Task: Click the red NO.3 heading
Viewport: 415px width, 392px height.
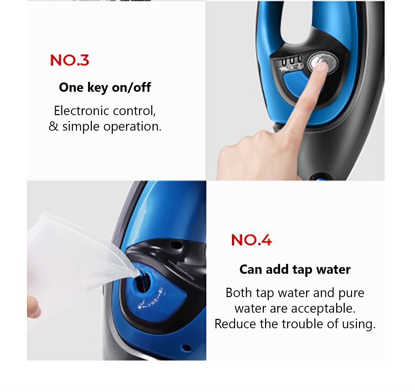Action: coord(70,60)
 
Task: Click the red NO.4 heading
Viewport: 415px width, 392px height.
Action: coord(251,240)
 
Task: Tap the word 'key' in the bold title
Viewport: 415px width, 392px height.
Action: coord(98,88)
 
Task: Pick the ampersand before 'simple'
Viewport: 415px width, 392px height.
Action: coord(53,126)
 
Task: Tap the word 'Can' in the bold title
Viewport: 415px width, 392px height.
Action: coord(251,269)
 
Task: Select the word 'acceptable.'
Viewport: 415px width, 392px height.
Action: coord(323,309)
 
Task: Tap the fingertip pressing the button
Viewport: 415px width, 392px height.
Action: coord(322,66)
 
